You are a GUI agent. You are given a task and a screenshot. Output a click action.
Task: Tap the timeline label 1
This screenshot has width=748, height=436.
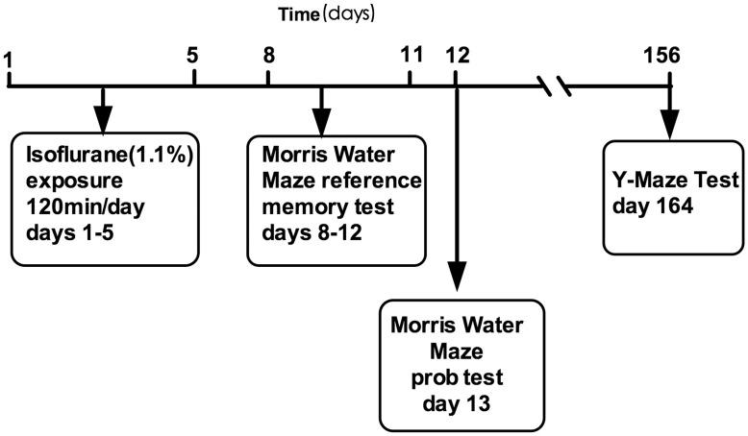coord(9,61)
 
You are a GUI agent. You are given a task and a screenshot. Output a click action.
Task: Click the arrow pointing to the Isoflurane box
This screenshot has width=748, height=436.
coord(102,108)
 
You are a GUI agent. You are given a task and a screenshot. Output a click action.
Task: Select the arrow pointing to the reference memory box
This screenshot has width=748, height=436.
coord(321,108)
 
